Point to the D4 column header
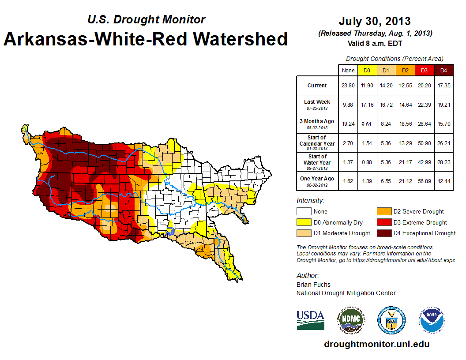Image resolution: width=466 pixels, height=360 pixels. point(443,70)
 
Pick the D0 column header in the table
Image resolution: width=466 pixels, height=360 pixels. point(367,70)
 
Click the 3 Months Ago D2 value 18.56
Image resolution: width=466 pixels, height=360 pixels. point(405,124)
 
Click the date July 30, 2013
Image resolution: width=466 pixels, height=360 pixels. point(375,21)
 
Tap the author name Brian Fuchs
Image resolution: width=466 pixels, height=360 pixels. point(313,285)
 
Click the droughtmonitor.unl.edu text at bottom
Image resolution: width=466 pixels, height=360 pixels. point(376,344)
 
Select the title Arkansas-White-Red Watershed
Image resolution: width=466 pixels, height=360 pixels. point(146,39)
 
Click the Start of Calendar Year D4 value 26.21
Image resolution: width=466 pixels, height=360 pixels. point(443,143)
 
